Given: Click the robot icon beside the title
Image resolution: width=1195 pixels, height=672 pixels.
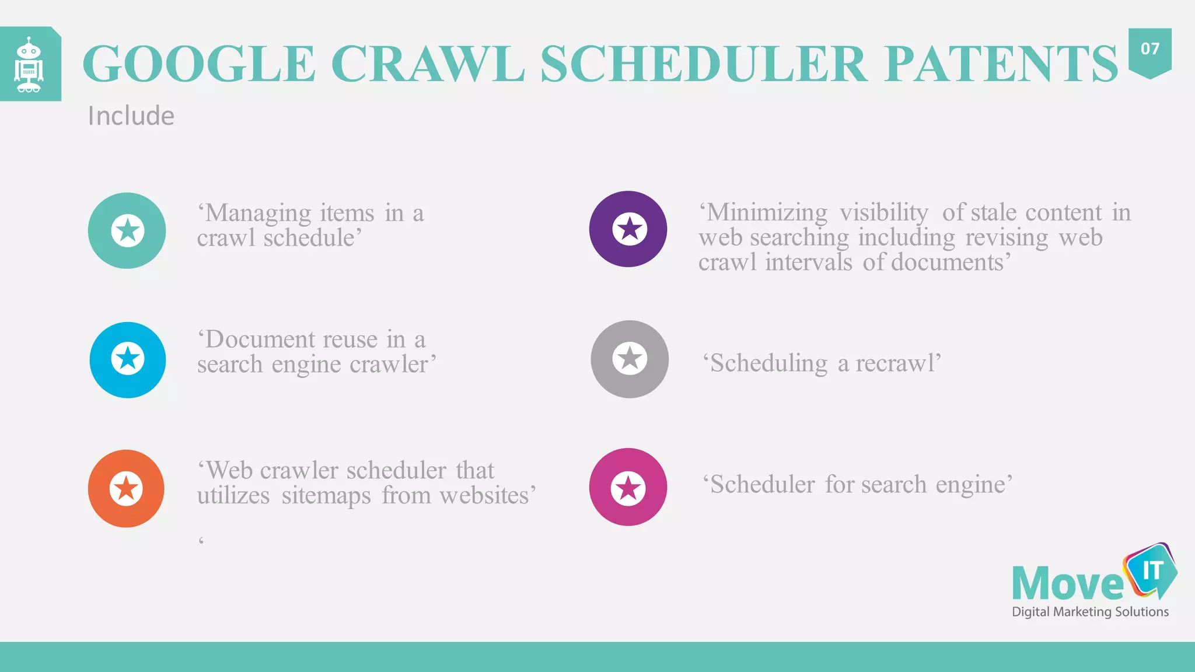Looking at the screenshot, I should (x=29, y=65).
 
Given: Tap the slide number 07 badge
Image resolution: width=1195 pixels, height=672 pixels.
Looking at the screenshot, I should (x=1149, y=50).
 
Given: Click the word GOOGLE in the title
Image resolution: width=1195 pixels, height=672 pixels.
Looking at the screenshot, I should (x=199, y=64).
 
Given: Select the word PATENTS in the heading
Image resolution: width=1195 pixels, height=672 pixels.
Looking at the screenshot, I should (x=1001, y=64).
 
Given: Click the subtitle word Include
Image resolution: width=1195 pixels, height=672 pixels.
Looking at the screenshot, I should (x=131, y=116).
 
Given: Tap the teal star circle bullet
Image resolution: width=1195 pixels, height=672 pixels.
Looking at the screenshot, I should (x=127, y=230).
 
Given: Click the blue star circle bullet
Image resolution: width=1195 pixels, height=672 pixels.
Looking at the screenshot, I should (x=128, y=359).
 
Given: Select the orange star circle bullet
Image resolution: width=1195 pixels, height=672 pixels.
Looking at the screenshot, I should (x=126, y=488).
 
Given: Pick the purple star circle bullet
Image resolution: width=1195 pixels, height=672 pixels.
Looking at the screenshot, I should (x=628, y=229).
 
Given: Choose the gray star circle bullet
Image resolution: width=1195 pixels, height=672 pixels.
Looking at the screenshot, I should (x=630, y=359).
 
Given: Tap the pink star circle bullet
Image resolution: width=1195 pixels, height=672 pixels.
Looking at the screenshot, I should (x=628, y=487).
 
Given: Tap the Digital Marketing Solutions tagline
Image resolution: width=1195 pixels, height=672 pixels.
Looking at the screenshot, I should (x=1090, y=612).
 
